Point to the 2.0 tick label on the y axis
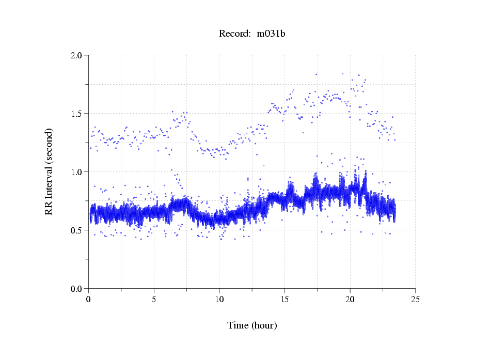click(78, 55)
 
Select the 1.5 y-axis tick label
click(78, 114)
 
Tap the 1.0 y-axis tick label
click(78, 172)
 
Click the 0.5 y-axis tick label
click(78, 230)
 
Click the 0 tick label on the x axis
click(89, 299)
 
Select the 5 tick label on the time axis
click(154, 299)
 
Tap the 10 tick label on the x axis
click(219, 299)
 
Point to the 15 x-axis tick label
click(284, 299)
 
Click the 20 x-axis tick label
click(350, 299)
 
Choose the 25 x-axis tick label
click(415, 299)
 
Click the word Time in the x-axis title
click(239, 325)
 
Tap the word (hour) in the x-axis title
click(264, 326)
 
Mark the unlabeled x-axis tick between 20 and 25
click(383, 290)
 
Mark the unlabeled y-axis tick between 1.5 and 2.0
click(87, 84)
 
